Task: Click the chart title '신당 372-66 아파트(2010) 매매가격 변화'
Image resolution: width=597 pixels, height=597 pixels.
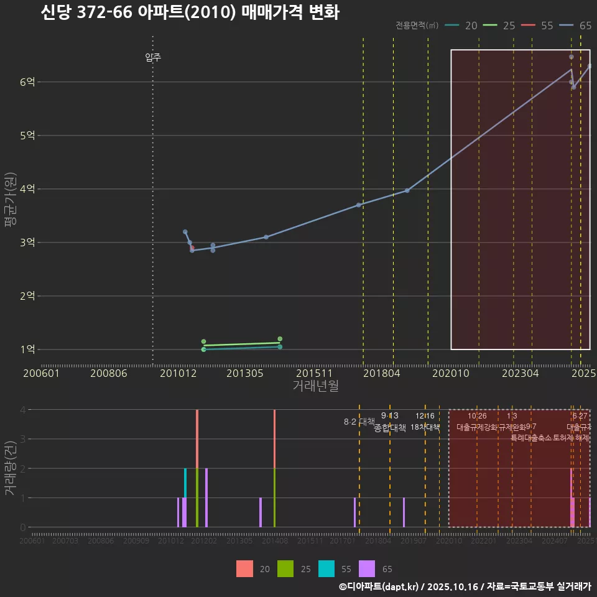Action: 190,12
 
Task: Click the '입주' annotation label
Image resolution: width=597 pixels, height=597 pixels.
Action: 153,58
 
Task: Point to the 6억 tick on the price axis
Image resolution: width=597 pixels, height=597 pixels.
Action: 28,82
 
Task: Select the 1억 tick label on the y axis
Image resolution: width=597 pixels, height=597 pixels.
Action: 28,349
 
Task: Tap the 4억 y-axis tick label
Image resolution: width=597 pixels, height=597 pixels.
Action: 28,189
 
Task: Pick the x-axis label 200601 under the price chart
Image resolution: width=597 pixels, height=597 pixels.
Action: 41,373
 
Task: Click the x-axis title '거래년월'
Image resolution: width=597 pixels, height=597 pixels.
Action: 315,386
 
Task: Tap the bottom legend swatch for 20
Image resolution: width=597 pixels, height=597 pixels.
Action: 244,569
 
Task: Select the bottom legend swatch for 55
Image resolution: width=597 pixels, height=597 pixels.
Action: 326,569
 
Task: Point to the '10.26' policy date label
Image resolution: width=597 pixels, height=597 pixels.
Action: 477,416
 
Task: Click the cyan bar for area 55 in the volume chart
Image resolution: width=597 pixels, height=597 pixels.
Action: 185,483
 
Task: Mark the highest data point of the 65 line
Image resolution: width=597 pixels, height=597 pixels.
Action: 571,57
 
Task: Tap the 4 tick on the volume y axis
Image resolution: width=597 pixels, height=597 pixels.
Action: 22,410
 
